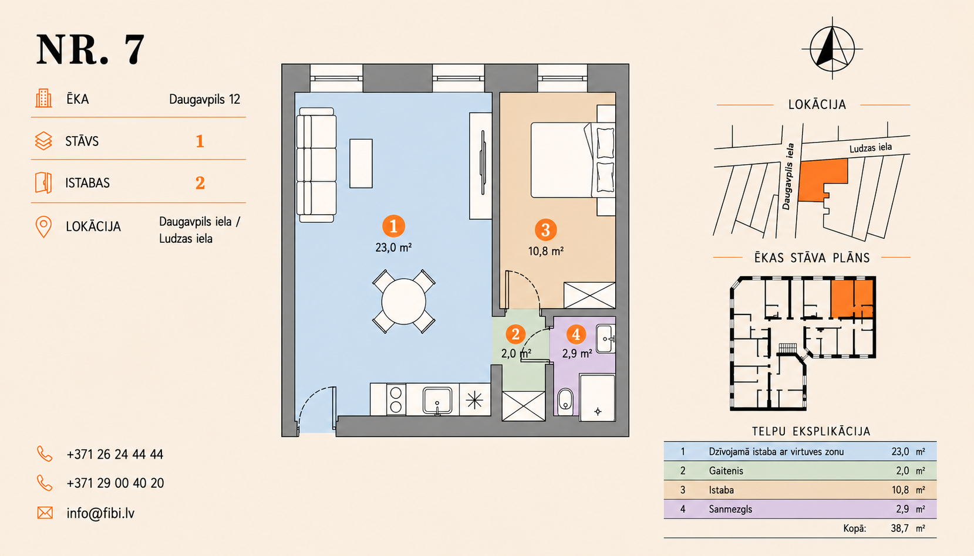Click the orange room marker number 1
point(393,226)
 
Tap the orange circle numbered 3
point(545,230)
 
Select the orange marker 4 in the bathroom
point(576,334)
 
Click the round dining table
point(403,301)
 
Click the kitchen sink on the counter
point(437,400)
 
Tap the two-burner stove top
point(396,399)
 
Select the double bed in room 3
point(572,160)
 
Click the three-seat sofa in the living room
point(316,165)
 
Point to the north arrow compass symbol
point(833,49)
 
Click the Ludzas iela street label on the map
point(871,148)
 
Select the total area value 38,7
point(899,528)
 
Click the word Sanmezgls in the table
point(730,509)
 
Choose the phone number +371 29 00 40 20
point(115,483)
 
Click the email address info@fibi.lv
point(100,513)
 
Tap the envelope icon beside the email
point(45,513)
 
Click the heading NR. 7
point(90,49)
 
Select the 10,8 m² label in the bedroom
point(545,251)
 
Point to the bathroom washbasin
point(605,339)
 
